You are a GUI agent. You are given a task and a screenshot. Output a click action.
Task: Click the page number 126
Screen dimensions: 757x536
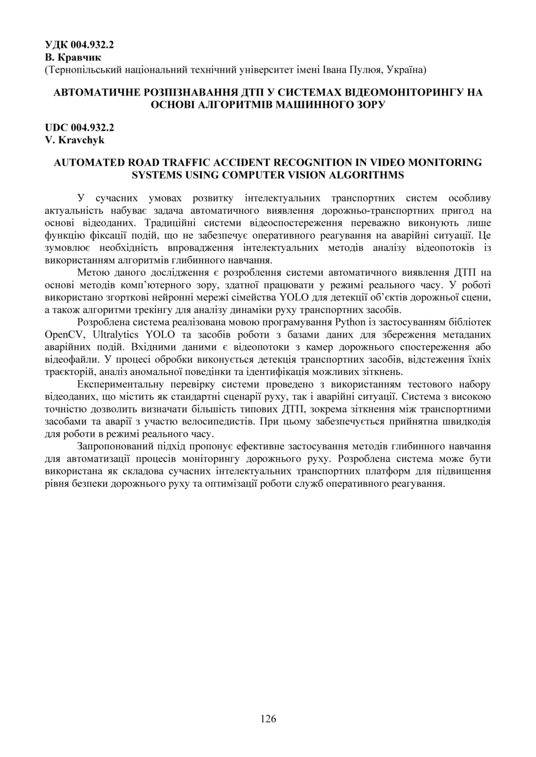pos(268,719)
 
